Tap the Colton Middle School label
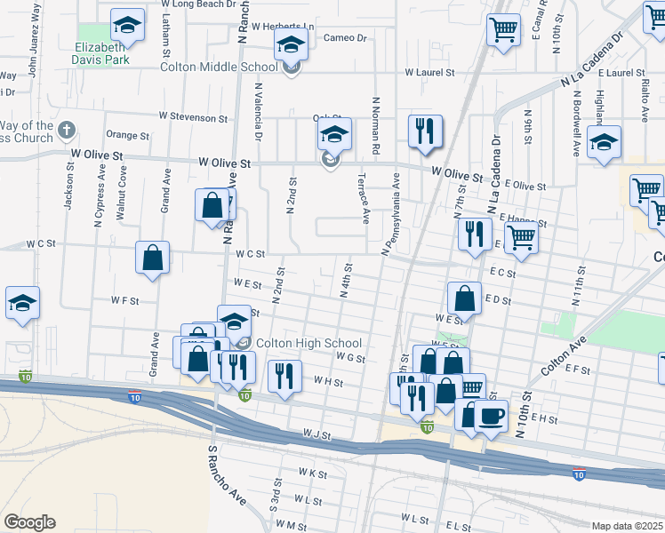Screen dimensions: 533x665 [219, 67]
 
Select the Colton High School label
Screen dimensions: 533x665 [308, 344]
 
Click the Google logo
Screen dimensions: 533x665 [29, 522]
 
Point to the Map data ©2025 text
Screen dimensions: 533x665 [626, 526]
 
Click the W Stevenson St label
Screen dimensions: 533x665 [193, 116]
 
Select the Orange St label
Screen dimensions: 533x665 [127, 136]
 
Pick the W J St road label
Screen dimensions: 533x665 [316, 434]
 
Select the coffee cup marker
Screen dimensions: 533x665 [491, 415]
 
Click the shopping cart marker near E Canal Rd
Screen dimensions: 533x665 [503, 29]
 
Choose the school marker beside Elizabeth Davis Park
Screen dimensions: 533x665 [127, 26]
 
